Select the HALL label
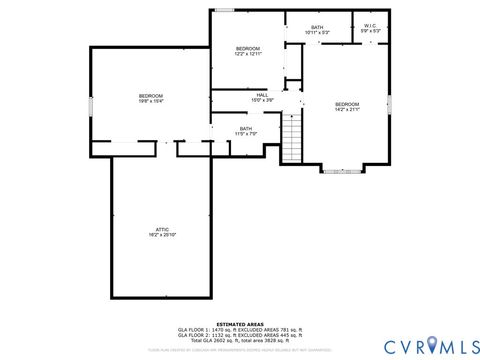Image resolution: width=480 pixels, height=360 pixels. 261,95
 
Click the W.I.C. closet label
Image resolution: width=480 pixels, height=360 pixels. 369,26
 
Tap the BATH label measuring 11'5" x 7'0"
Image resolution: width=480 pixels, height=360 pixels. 245,128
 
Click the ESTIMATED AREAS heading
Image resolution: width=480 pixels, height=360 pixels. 240,322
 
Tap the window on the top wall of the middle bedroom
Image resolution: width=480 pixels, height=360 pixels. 225,11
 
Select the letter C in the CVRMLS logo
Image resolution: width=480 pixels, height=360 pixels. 383,345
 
